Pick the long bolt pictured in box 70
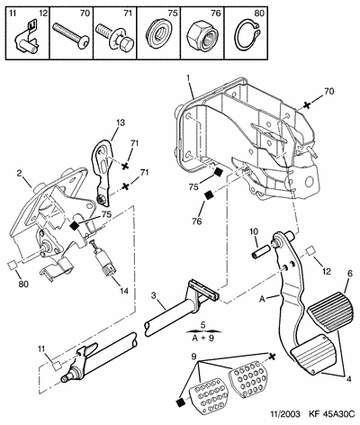coord(71,35)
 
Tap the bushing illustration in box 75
coord(158,33)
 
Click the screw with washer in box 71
coord(114,38)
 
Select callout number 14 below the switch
coord(123,291)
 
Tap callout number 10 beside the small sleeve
coord(254,232)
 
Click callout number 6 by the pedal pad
coord(349,274)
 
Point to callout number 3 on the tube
coord(154,296)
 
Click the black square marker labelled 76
coord(209,195)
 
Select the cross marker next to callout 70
coord(306,105)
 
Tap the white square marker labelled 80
coord(13,265)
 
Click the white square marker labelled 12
coord(310,250)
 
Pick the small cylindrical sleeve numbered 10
coord(261,249)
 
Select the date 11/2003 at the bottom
coord(285,414)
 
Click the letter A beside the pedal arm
coord(263,299)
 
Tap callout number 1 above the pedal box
coord(188,77)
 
